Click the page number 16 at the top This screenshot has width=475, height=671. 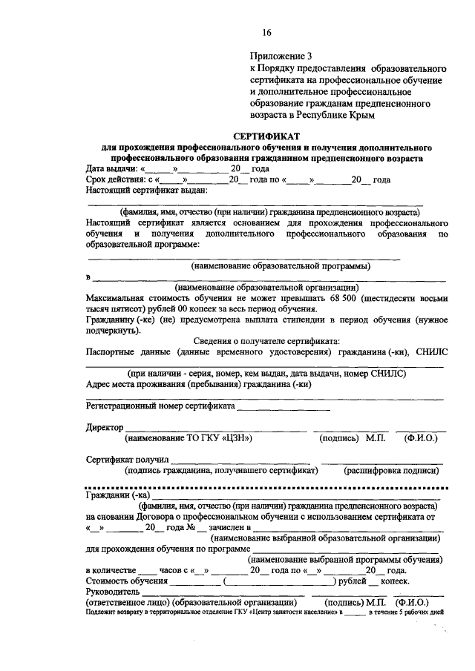pos(266,32)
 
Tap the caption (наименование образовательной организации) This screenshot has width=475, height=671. pos(266,288)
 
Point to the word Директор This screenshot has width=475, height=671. pos(104,428)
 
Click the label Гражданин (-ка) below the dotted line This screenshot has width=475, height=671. pos(118,496)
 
